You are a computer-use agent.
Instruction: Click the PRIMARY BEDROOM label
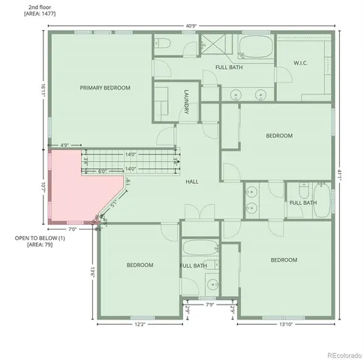pos(105,88)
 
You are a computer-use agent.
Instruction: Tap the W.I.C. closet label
pos(300,62)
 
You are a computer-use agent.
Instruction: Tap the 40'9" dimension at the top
pos(191,26)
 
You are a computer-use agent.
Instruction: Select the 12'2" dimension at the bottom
pos(140,325)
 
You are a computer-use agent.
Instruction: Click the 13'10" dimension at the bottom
pos(284,325)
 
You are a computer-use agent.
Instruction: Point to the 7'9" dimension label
pos(210,305)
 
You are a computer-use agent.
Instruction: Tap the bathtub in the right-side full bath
pos(321,202)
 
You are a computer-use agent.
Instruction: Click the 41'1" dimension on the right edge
pos(340,172)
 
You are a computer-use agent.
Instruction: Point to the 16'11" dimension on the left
pos(44,88)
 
